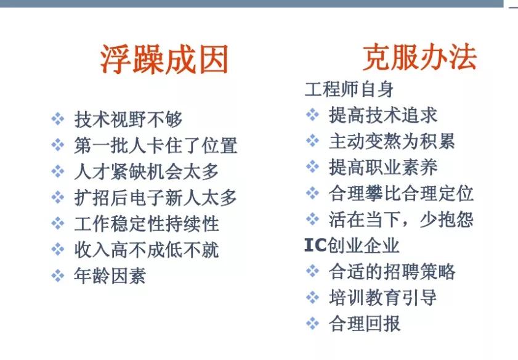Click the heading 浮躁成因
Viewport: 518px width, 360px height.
164,60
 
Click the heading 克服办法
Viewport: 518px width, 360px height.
419,58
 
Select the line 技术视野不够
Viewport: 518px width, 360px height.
128,119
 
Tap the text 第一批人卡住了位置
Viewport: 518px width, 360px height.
155,145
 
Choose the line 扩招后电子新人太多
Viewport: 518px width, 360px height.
155,197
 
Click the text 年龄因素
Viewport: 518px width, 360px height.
110,276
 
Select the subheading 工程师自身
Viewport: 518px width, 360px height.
349,89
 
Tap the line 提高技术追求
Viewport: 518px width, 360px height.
383,115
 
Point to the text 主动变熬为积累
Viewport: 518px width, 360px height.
392,141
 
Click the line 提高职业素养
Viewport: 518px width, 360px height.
383,167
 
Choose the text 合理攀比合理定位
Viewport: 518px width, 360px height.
401,193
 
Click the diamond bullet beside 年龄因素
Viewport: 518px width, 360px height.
57,276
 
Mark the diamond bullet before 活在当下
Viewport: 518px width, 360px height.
312,219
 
